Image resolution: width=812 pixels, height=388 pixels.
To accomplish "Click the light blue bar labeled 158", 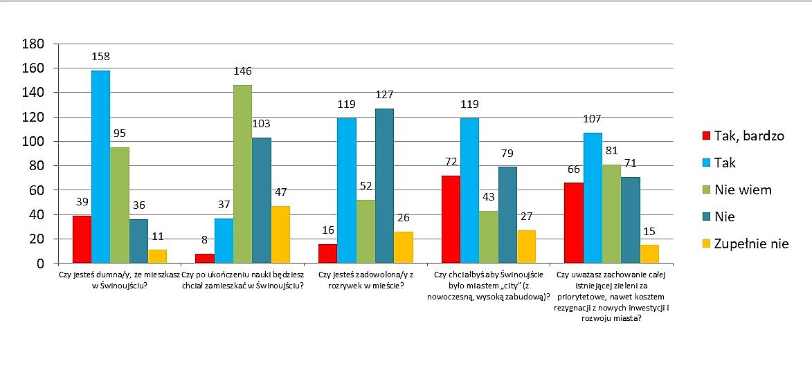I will click(x=100, y=167).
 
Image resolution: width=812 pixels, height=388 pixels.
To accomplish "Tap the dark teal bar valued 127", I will click(x=384, y=186).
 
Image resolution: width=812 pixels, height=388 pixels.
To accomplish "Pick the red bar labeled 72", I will click(x=451, y=219).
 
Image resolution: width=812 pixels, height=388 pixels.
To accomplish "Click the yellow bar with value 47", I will click(x=280, y=234).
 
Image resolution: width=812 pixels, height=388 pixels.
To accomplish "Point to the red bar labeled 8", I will click(x=204, y=258).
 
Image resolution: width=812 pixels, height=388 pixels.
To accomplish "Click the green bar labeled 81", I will click(x=593, y=214).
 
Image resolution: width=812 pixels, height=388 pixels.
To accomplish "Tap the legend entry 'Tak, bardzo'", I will click(x=743, y=136).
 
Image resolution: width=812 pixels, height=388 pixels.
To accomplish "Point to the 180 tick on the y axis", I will click(x=35, y=44).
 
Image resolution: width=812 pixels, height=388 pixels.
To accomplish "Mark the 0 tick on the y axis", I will click(x=42, y=264).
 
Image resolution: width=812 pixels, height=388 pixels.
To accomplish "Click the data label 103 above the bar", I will click(x=261, y=124).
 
